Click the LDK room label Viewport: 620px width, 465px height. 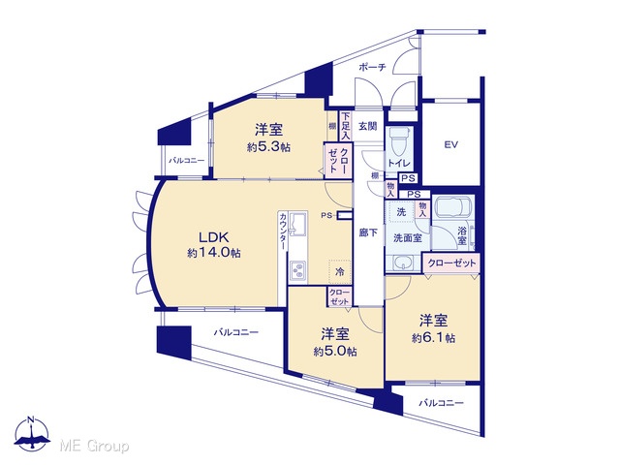213,237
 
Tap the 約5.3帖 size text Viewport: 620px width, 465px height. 269,147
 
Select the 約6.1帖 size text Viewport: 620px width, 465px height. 433,338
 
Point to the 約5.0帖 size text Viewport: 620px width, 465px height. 335,351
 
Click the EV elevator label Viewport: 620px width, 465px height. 450,144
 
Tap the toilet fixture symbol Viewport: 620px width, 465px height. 398,140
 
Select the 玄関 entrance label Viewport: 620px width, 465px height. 367,127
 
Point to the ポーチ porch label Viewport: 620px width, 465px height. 372,67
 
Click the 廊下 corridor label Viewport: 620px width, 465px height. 368,232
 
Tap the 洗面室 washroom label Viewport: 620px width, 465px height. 408,238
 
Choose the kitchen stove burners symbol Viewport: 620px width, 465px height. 297,271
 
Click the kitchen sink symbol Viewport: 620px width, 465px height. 297,222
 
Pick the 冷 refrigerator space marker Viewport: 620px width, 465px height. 340,271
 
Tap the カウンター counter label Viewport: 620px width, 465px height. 283,231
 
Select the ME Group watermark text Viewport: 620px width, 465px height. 94,447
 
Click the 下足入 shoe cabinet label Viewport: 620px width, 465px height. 346,126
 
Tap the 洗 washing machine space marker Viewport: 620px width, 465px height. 401,212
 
